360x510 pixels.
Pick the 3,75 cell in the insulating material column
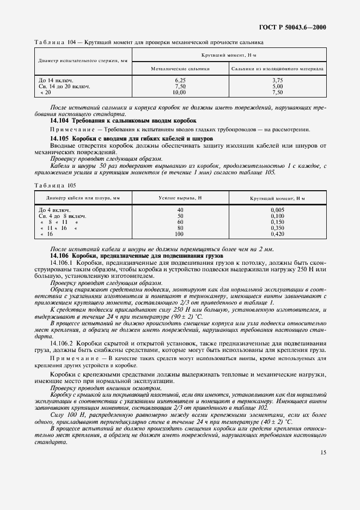point(278,80)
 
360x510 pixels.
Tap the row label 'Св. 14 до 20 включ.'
point(64,86)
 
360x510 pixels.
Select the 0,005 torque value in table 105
point(278,210)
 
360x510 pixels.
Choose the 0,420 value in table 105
point(278,234)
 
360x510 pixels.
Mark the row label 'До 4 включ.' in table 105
point(54,210)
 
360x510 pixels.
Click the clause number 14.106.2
point(65,342)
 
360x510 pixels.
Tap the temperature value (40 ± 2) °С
point(274,422)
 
